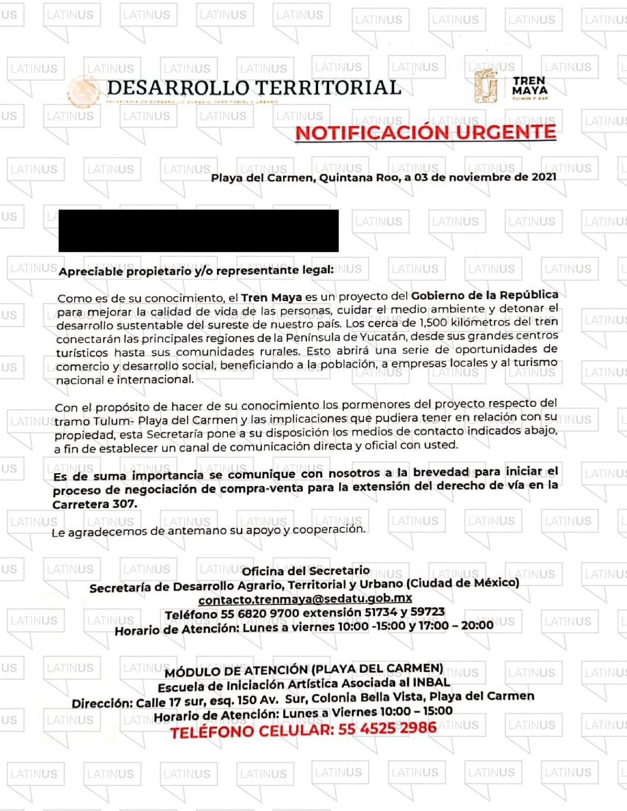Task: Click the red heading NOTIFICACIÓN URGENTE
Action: [425, 132]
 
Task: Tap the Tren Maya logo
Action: [511, 86]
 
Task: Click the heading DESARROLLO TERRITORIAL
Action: [254, 88]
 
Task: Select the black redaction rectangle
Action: [198, 231]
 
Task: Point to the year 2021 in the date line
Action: [544, 177]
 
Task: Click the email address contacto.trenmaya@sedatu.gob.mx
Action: [305, 599]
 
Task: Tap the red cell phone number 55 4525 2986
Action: [387, 729]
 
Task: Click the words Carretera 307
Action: [95, 504]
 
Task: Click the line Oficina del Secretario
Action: [305, 571]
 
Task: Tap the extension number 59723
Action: [427, 612]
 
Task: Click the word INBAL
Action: [432, 682]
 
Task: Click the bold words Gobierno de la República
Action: [484, 295]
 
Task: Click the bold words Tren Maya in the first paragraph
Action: [272, 298]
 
